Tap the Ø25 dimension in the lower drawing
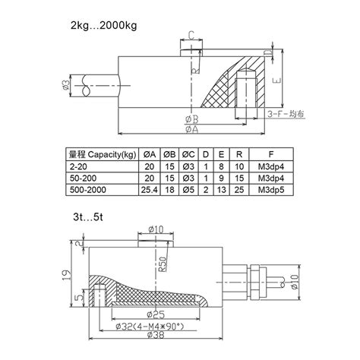pyautogui.click(x=157, y=311)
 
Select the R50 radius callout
pyautogui.click(x=162, y=265)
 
